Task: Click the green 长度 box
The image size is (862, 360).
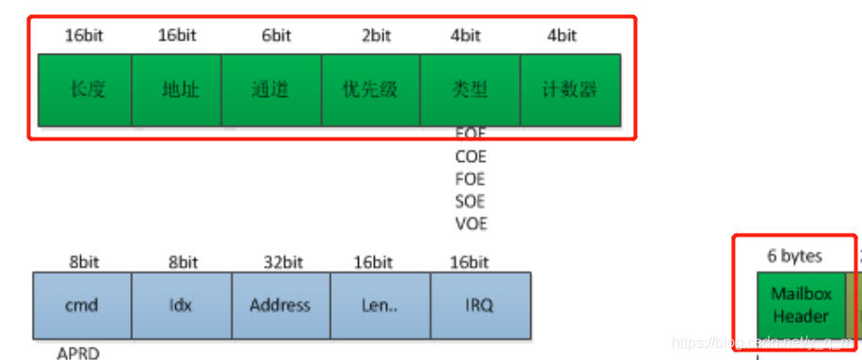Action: point(84,90)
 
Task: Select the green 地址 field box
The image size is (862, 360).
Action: point(176,90)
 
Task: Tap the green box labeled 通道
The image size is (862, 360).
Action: point(271,90)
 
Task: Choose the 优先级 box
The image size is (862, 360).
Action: point(370,90)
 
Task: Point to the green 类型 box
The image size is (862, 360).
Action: point(469,90)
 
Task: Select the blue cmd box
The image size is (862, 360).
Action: point(82,305)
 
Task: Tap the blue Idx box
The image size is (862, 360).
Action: point(180,305)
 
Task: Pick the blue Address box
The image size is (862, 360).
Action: point(280,305)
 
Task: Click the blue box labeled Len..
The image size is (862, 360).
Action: point(380,305)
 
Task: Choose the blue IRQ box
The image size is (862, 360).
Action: point(480,305)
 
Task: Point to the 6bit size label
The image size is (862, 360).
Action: point(275,36)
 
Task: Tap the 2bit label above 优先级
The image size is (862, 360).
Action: point(375,36)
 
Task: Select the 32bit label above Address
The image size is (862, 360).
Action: point(280,262)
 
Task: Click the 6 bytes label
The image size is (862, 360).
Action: point(795,255)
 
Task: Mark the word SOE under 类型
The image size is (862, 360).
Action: point(470,202)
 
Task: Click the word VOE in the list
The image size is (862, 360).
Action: point(470,224)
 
